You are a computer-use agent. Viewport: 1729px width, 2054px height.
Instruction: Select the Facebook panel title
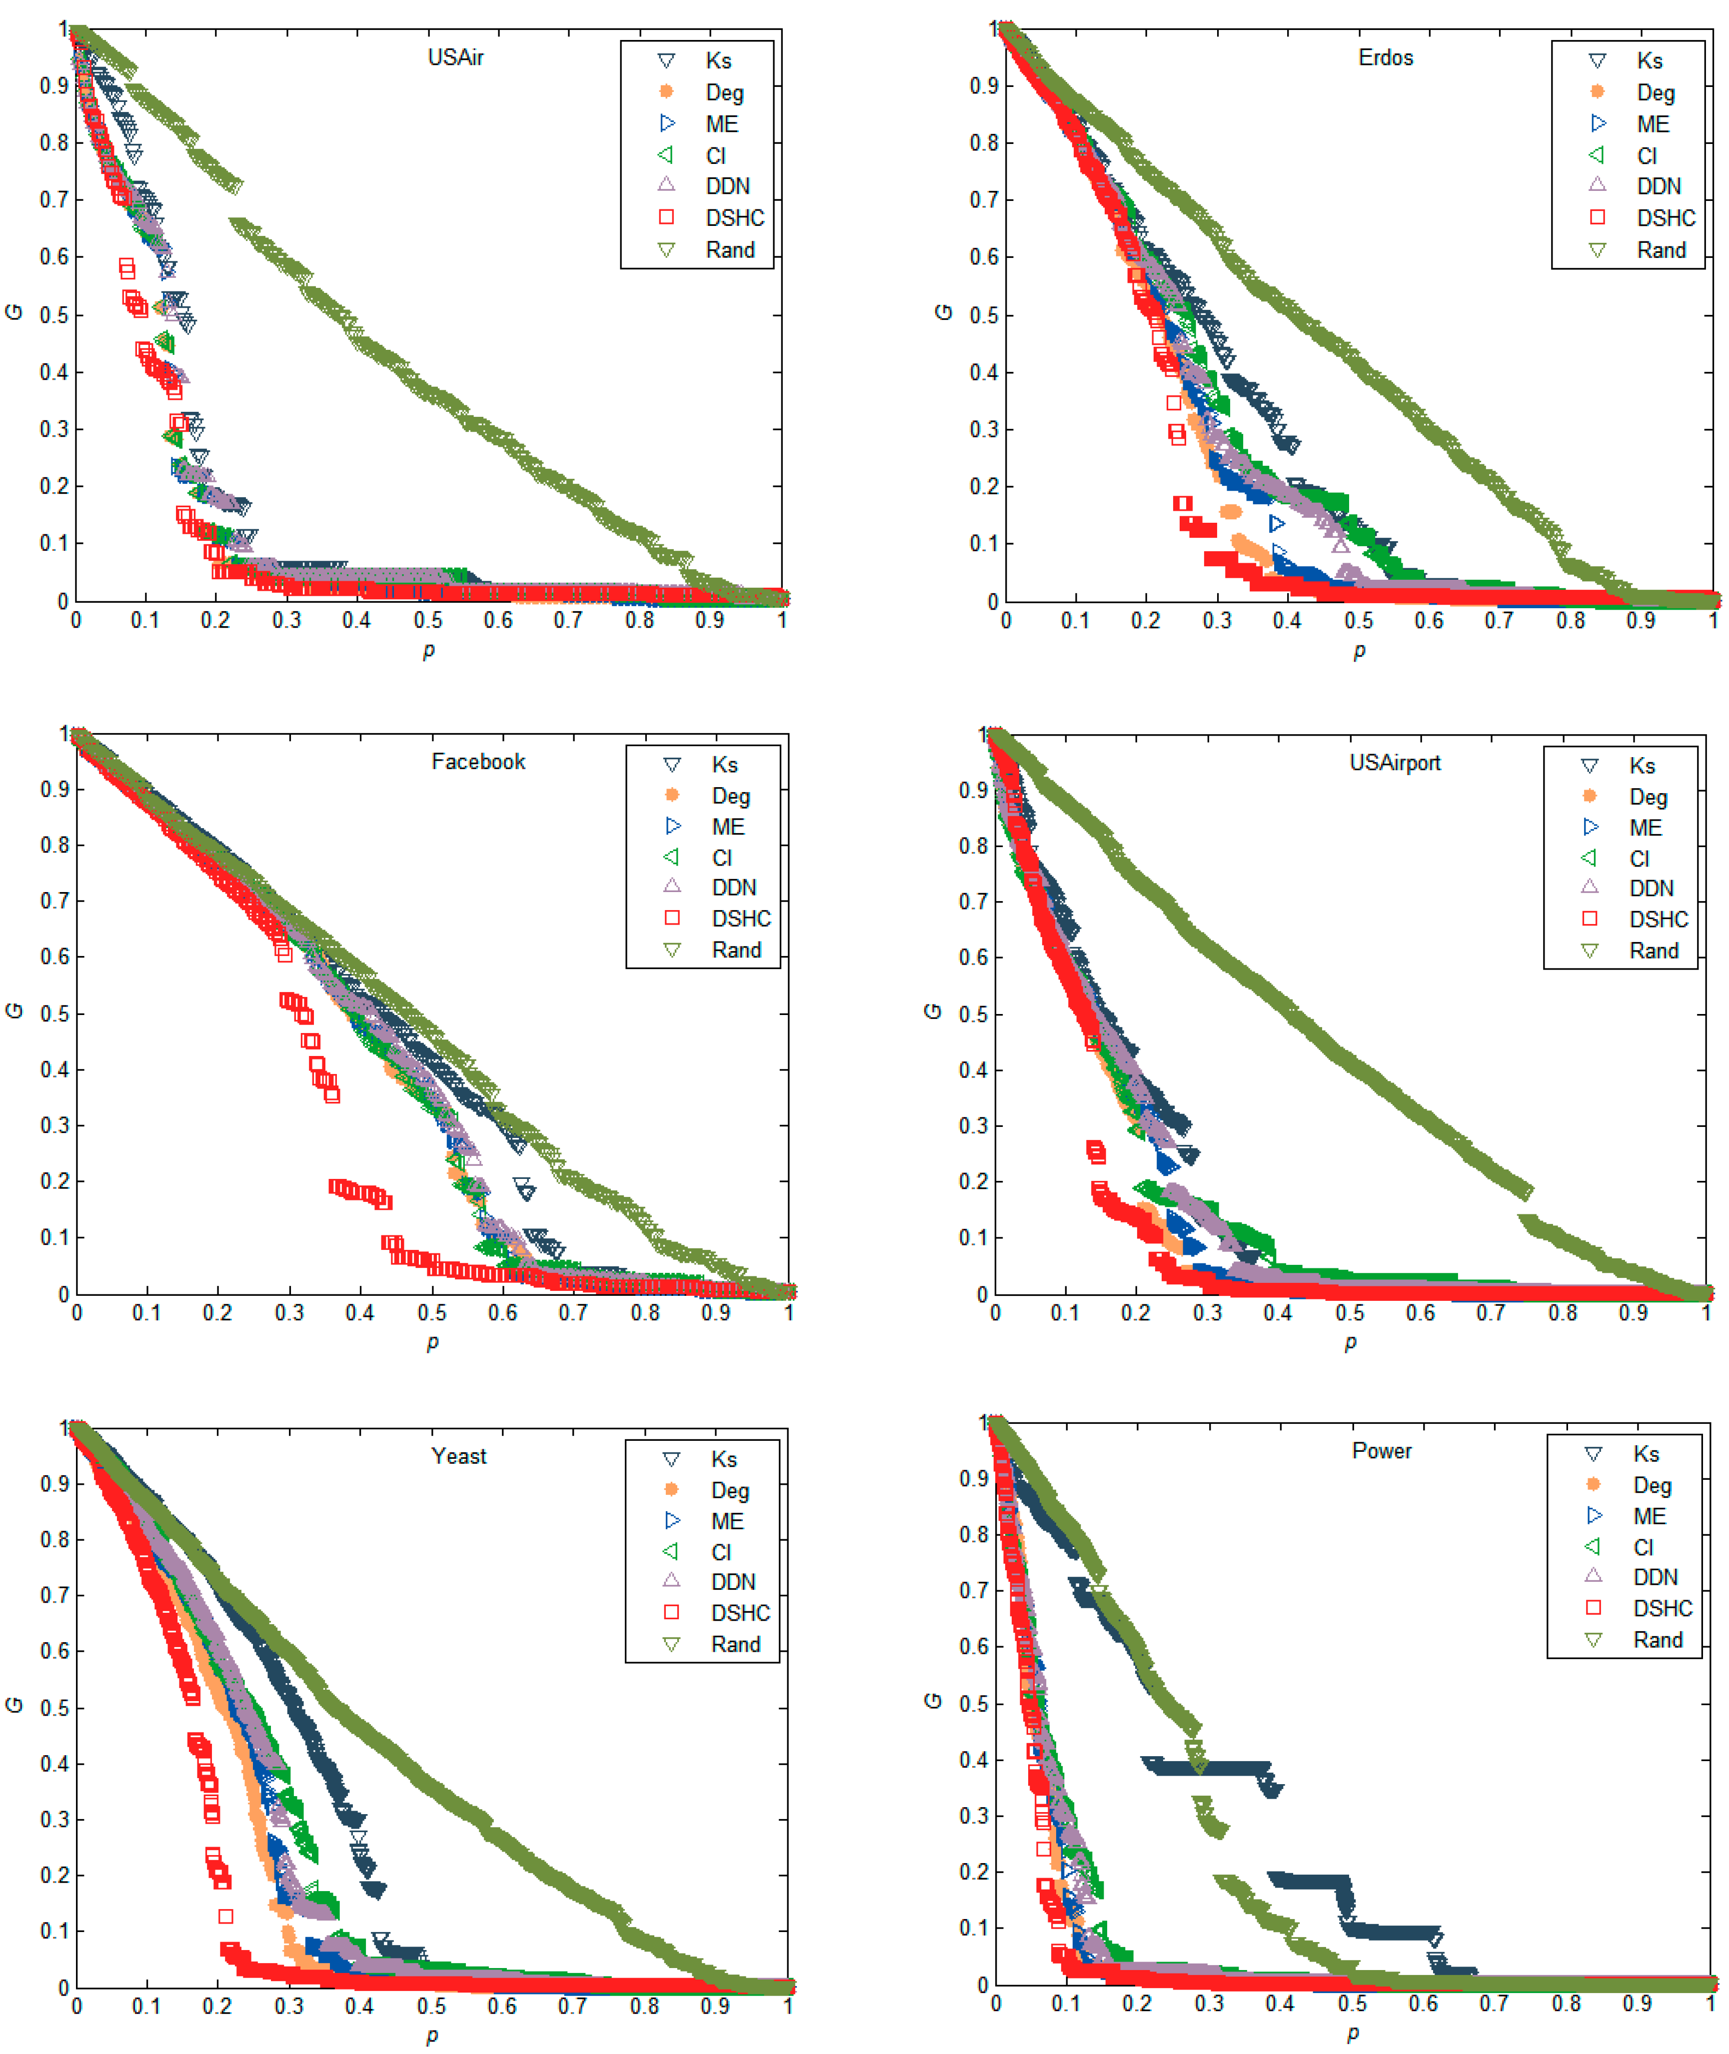478,762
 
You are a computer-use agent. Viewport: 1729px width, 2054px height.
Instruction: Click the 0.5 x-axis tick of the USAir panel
427,620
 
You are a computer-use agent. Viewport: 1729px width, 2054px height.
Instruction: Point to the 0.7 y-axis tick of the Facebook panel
54,901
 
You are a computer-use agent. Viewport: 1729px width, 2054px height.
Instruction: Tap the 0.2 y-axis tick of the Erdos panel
984,486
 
